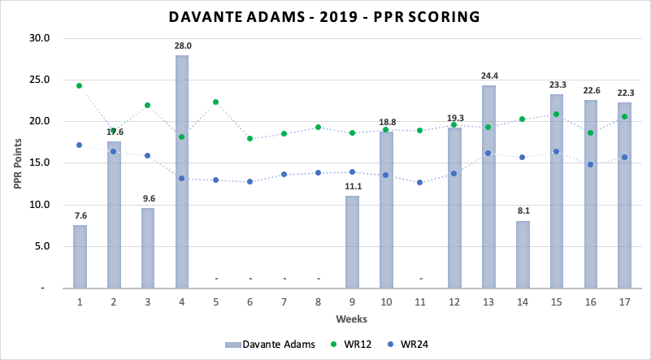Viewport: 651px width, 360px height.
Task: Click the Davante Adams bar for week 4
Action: pyautogui.click(x=182, y=171)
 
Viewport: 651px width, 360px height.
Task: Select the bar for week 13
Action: pyautogui.click(x=488, y=186)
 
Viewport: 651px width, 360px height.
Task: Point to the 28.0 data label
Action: pyautogui.click(x=182, y=46)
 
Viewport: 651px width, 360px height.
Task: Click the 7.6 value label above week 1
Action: pyautogui.click(x=80, y=216)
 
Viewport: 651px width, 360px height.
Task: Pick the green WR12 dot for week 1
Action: pyautogui.click(x=80, y=85)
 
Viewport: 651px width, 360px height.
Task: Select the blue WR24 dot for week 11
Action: pyautogui.click(x=420, y=182)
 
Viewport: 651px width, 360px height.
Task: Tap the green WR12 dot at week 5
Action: pyautogui.click(x=216, y=102)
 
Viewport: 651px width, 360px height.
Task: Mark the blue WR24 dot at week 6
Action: pyautogui.click(x=250, y=181)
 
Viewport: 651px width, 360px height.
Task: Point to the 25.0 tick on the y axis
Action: pyautogui.click(x=40, y=80)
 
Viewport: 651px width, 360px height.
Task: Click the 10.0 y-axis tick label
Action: pyautogui.click(x=40, y=205)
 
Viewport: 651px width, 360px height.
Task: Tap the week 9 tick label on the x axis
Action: pyautogui.click(x=352, y=301)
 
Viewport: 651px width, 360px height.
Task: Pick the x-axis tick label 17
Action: pyautogui.click(x=624, y=301)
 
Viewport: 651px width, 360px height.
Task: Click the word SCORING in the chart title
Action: pyautogui.click(x=438, y=16)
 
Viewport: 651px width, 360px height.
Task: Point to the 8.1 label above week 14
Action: pyautogui.click(x=523, y=211)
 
